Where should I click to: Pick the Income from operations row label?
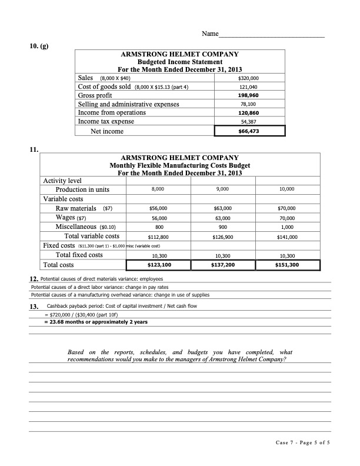pos(112,112)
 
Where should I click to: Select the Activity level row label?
pos(62,181)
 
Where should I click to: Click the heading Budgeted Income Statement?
pos(179,62)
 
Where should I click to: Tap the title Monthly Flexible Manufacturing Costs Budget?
pos(179,165)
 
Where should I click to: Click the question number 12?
pos(34,278)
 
